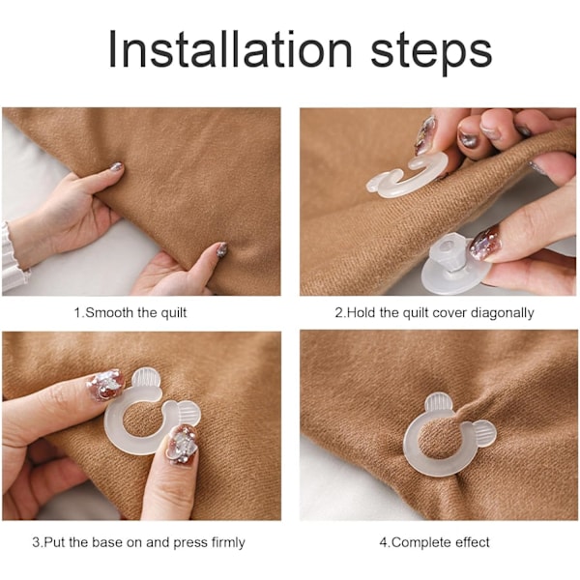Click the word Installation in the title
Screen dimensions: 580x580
[230, 49]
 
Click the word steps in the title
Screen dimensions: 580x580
[431, 53]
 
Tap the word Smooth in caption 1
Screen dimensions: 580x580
[109, 313]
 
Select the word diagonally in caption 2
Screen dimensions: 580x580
[503, 313]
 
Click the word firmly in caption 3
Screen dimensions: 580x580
[228, 542]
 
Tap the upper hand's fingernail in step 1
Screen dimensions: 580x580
[117, 167]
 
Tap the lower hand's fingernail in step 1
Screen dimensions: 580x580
[221, 249]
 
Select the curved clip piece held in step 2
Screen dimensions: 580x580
[406, 175]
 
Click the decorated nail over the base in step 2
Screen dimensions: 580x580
[484, 245]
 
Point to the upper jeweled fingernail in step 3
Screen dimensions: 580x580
[105, 385]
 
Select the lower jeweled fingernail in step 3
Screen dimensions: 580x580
[182, 445]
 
